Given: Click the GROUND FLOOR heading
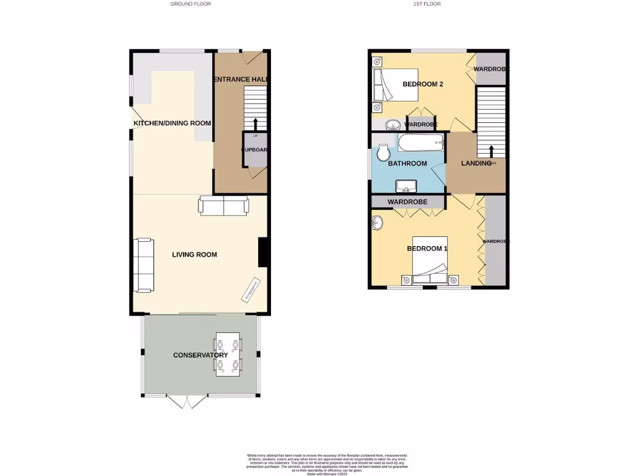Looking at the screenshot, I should (x=190, y=4).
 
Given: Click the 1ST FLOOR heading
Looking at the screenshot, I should (x=428, y=4).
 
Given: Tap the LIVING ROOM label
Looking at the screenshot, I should (x=195, y=254).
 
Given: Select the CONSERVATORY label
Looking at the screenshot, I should (x=200, y=355).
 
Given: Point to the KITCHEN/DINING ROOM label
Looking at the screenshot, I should (x=172, y=123).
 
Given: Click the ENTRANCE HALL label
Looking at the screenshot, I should (x=240, y=79).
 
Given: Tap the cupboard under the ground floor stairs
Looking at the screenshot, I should (x=254, y=151).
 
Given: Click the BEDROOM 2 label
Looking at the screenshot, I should (x=422, y=84).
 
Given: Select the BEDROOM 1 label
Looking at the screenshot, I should (x=427, y=249).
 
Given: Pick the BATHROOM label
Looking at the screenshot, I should (x=407, y=164).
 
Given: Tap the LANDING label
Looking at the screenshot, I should (x=476, y=164).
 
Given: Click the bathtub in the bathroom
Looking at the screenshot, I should (x=421, y=143).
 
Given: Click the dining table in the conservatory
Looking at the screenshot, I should (x=228, y=355).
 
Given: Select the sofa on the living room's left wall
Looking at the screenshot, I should (x=144, y=265).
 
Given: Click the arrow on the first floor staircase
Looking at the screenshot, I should (x=491, y=151).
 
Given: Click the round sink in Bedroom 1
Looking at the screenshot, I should (x=378, y=223).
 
